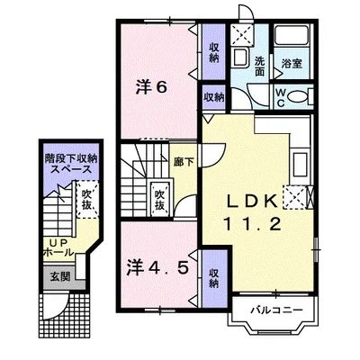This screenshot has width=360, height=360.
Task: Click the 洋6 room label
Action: [x=151, y=87]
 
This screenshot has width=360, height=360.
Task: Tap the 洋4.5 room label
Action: [x=157, y=267]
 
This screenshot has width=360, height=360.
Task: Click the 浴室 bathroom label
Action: [x=292, y=64]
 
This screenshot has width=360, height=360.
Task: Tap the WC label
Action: [x=281, y=97]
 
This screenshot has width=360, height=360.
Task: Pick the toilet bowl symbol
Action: [x=297, y=97]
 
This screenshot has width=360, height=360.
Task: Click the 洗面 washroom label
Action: [x=259, y=67]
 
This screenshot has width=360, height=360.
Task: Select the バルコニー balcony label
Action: [x=276, y=310]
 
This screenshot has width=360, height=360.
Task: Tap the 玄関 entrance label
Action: [x=59, y=276]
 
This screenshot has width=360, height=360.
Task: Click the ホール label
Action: [x=58, y=251]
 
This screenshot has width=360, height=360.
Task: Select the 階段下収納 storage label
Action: [x=71, y=158]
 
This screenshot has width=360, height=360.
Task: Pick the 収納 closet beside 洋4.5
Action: [x=213, y=278]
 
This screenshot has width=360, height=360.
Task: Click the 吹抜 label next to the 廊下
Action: [x=159, y=200]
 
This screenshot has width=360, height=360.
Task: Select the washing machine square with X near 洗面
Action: [x=242, y=35]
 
